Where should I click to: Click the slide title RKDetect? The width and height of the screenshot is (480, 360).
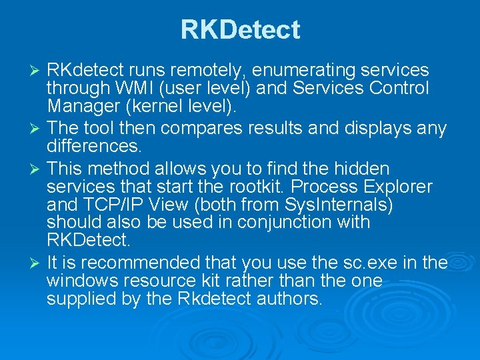click(240, 30)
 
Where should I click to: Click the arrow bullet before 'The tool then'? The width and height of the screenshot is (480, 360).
click(38, 127)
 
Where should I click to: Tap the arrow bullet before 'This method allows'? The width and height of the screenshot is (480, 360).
click(38, 170)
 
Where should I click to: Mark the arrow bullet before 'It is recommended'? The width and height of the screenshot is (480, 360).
click(38, 264)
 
